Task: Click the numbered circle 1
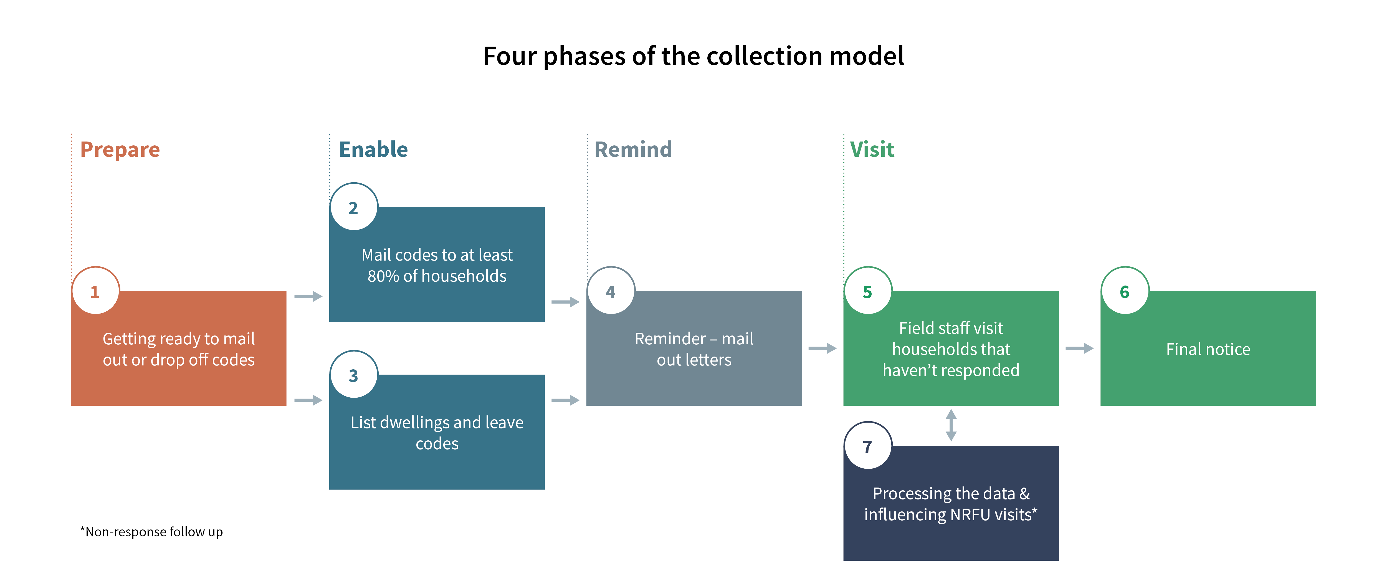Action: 95,291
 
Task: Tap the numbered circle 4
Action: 611,291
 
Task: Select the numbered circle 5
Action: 867,291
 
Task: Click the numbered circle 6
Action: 1125,291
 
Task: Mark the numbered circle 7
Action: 867,446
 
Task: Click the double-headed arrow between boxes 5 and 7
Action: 951,425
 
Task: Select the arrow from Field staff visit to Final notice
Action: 1079,349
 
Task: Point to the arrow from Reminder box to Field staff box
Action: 822,349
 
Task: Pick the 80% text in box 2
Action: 383,276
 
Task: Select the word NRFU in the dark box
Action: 970,514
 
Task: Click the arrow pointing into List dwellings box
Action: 308,400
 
